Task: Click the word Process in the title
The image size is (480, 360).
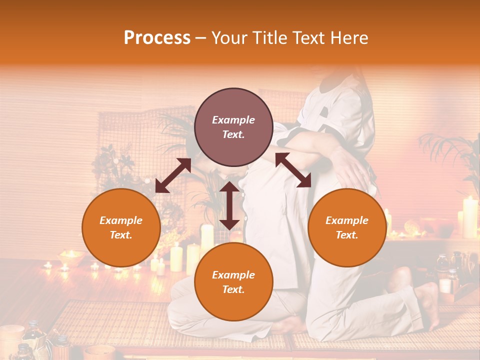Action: coord(157,38)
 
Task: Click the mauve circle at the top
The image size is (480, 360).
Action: coord(233,127)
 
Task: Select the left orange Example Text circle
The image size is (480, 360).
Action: coord(121,227)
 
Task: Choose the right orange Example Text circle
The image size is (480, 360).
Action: coord(346,227)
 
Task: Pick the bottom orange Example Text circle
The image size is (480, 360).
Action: coord(233,282)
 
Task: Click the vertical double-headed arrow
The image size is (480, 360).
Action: coord(229,205)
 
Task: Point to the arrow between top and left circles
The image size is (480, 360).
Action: coord(173,175)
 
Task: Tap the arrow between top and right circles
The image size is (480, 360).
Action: coord(293,170)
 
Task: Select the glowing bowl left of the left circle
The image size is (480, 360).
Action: coord(70,256)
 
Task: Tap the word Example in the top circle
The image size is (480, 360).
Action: coord(233,120)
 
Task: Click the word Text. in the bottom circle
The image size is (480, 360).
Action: coord(233,289)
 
